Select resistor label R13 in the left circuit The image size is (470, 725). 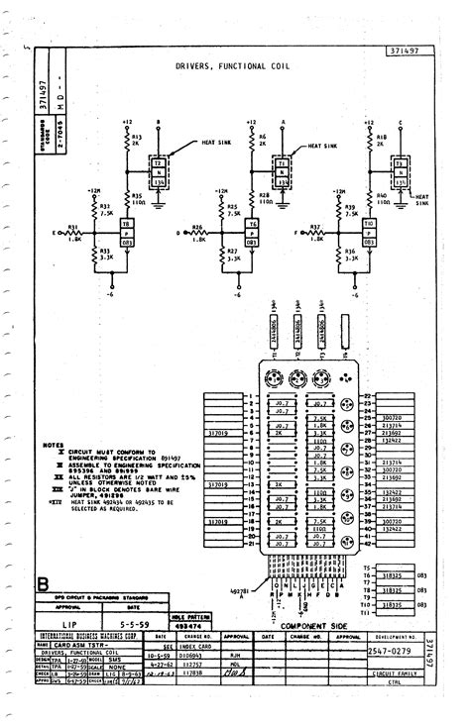coord(137,136)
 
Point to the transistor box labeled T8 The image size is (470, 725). coord(126,225)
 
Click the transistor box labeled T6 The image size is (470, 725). coord(253,225)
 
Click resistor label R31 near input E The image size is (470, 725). coord(72,225)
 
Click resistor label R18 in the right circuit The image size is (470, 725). coord(382,136)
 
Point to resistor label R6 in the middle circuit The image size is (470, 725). coord(263,136)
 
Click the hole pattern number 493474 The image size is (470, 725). coord(186,627)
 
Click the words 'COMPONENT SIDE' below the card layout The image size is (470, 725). coord(315,625)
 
